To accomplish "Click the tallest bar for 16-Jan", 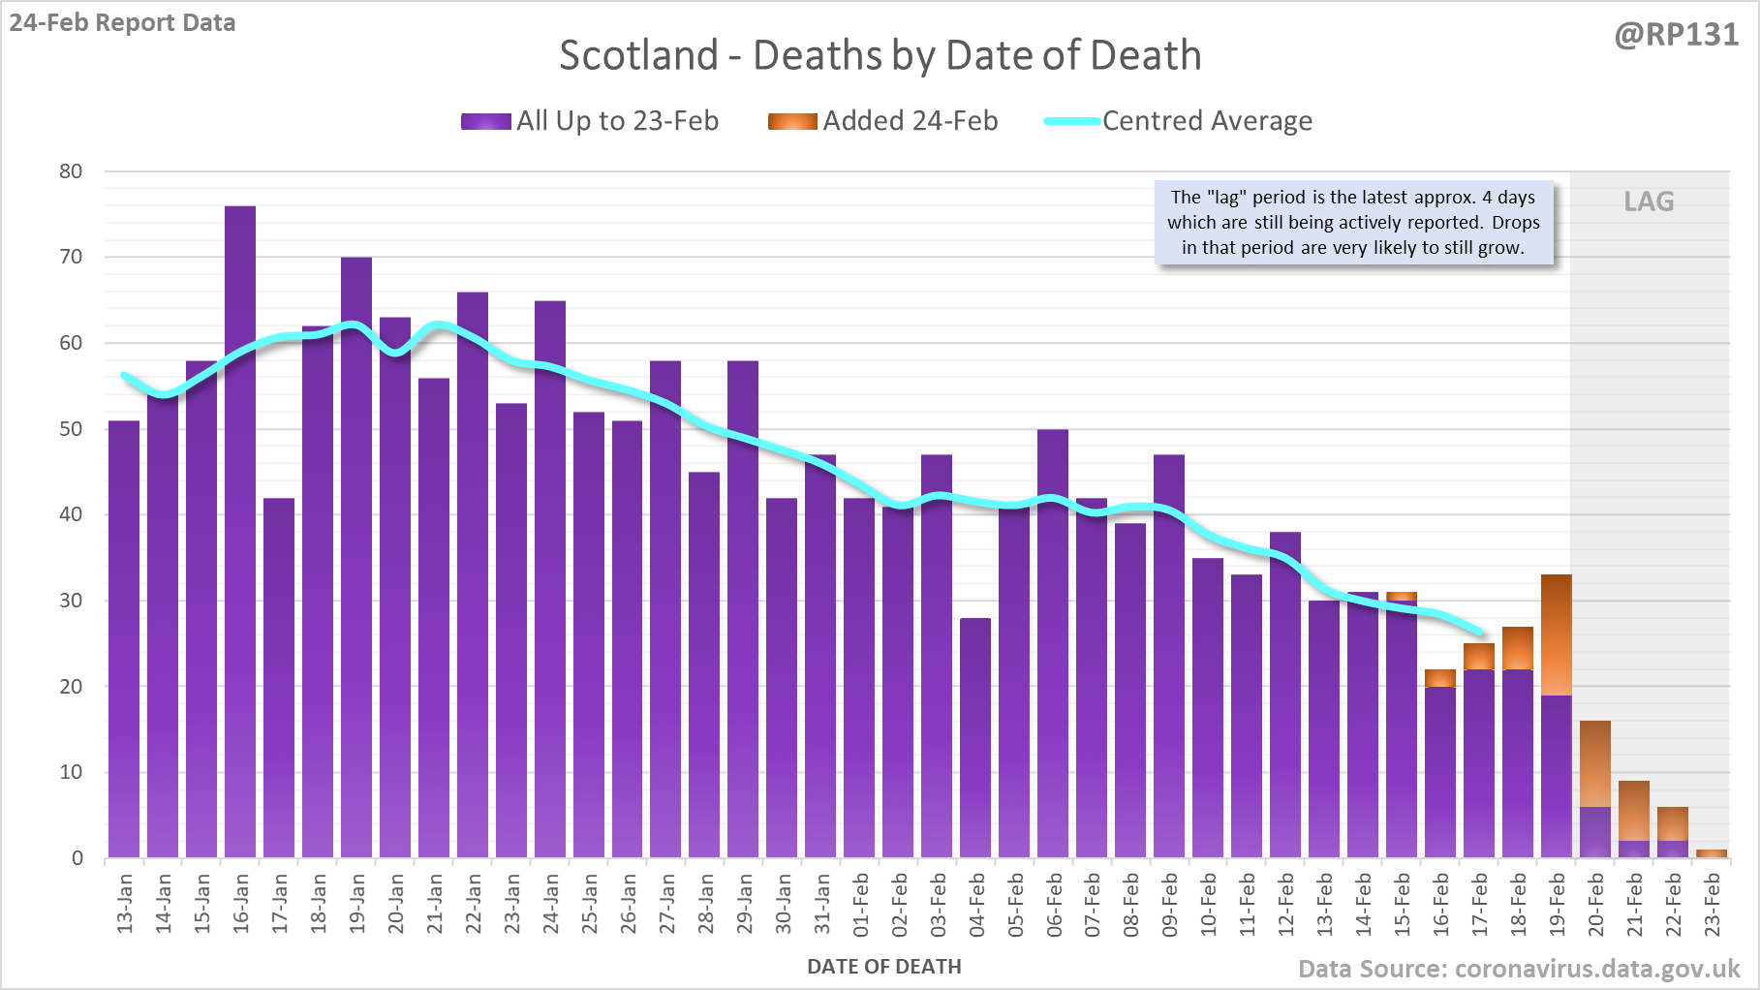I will tap(240, 533).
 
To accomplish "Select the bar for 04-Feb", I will tap(975, 736).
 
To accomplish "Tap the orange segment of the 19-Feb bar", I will tap(1557, 634).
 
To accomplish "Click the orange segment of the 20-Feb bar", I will tap(1595, 763).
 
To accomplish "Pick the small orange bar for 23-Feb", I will tap(1712, 853).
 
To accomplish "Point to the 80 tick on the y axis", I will tap(71, 171).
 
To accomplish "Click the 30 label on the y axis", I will tap(71, 601).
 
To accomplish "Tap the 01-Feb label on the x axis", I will tap(860, 904).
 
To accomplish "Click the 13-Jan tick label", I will tap(125, 904).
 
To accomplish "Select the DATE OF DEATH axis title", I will tap(883, 967).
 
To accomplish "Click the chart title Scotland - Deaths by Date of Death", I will tap(880, 55).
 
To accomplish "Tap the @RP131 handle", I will tap(1675, 35).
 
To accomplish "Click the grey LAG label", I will tap(1649, 201).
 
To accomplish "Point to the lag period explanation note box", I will tap(1353, 223).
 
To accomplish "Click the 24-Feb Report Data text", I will tap(123, 22).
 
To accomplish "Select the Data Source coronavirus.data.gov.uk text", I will tap(1518, 969).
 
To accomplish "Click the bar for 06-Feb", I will tap(1053, 644).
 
